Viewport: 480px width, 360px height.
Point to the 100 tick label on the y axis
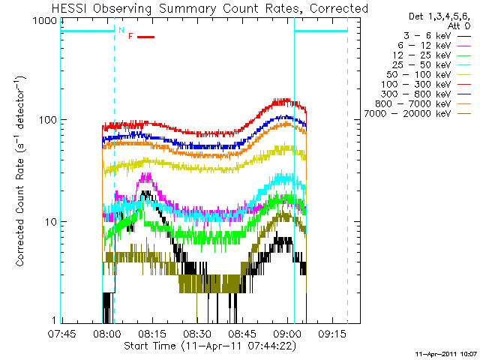click(x=49, y=120)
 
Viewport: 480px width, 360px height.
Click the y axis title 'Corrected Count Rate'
click(x=21, y=172)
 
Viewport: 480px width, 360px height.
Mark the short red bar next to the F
click(x=145, y=36)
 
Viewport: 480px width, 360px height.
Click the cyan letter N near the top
click(x=121, y=30)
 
